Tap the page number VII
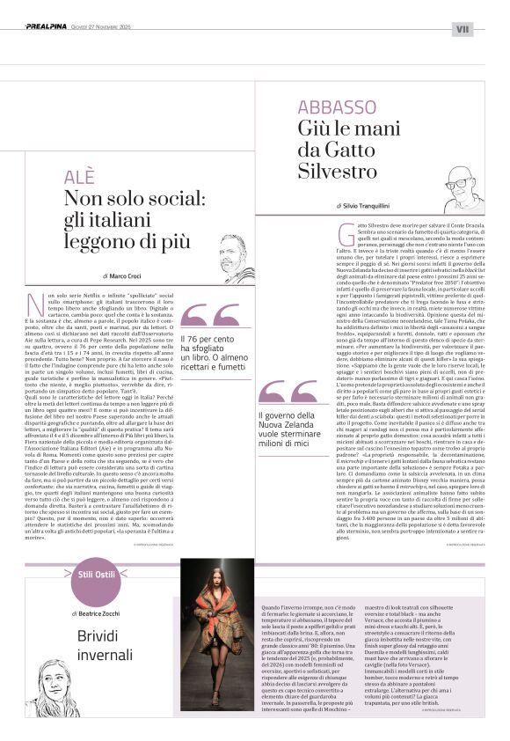point(463,28)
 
